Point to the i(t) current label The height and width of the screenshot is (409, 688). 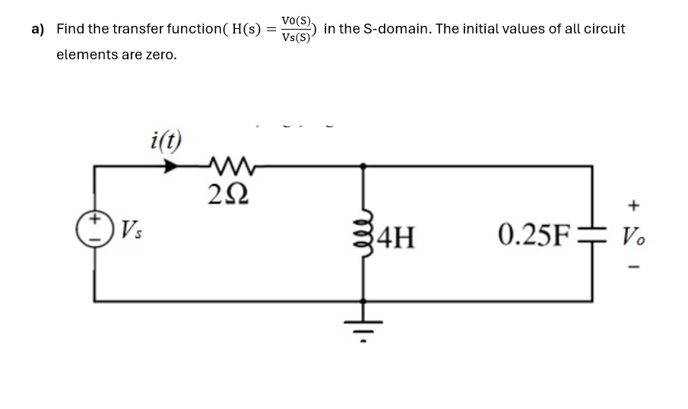(166, 140)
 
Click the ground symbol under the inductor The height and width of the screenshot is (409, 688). (363, 328)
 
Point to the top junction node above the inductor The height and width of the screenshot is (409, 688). (363, 164)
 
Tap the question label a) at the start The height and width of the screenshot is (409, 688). (38, 29)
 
